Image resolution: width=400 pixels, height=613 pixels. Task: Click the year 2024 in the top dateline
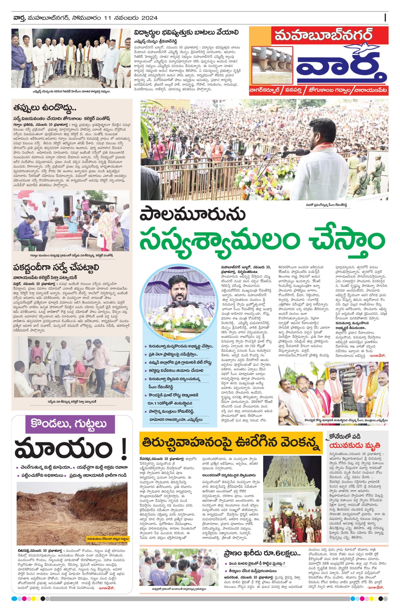148,18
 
